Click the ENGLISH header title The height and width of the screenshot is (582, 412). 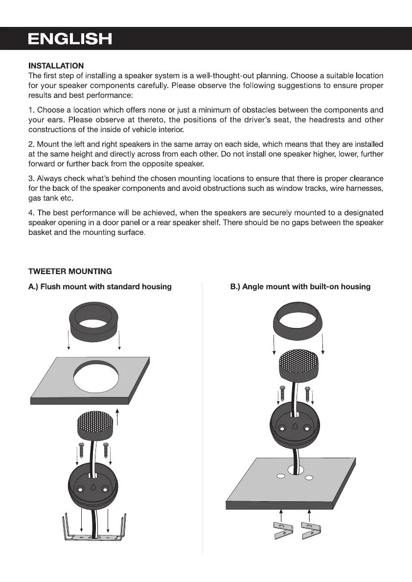(70, 39)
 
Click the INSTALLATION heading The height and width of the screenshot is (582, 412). (56, 66)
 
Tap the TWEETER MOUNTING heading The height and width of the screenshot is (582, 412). (70, 271)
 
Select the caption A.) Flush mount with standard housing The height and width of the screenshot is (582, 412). (100, 287)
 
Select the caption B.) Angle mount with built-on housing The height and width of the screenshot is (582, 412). (300, 287)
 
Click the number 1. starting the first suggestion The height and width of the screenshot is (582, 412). (31, 110)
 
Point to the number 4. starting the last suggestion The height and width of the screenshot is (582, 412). (31, 213)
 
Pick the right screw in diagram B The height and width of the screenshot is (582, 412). (308, 394)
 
